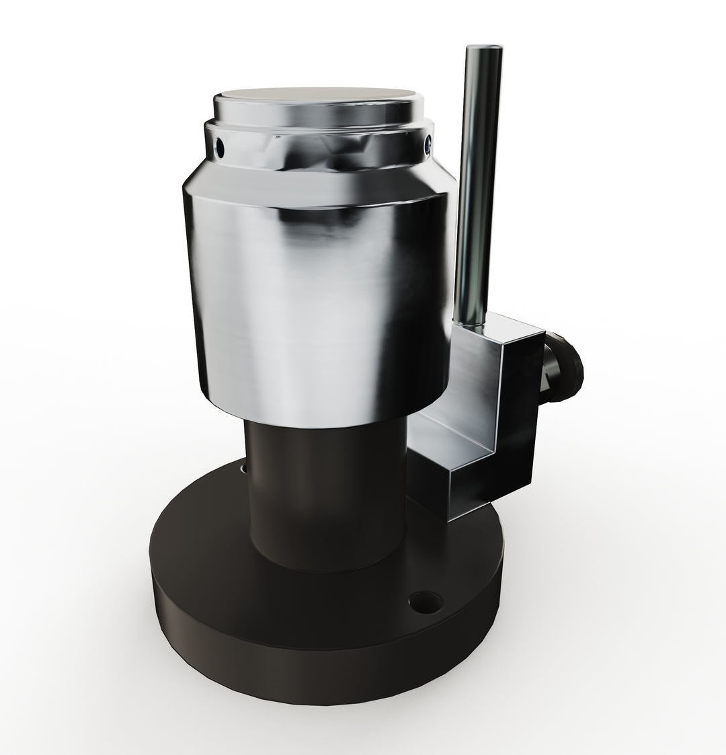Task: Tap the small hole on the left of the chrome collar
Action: coord(220,143)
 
